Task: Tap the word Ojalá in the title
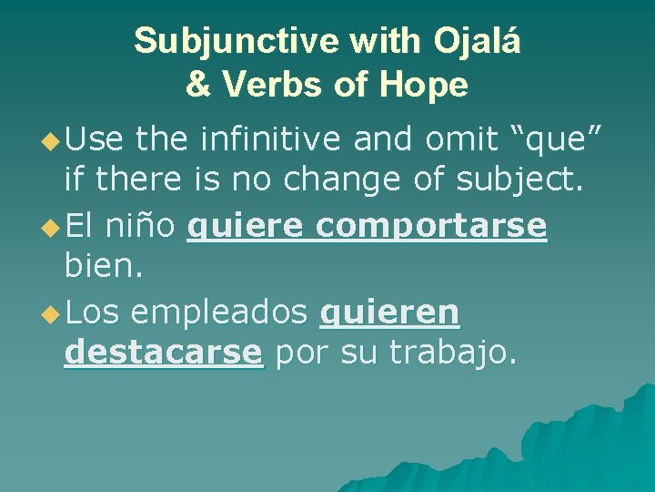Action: (x=478, y=41)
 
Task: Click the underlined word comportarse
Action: (x=431, y=226)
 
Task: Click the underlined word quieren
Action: (x=390, y=313)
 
